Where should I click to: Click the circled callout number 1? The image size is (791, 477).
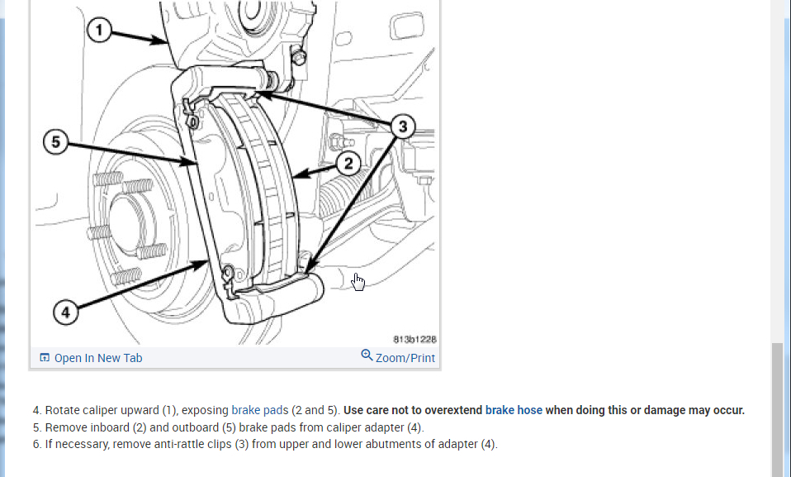point(99,32)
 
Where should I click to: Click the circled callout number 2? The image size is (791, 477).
point(348,164)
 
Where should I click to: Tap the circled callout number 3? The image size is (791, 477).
point(402,126)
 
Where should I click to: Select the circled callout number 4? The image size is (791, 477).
point(66,312)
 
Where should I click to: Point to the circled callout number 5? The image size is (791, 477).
point(55,142)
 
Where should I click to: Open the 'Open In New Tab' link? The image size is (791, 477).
point(98,358)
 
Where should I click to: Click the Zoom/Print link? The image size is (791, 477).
point(405,358)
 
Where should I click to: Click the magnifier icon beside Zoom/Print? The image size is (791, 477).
point(367,356)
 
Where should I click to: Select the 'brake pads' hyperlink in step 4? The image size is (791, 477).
point(259,410)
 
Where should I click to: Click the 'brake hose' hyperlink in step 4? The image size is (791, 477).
point(514,410)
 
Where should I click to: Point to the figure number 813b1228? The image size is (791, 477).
point(415,339)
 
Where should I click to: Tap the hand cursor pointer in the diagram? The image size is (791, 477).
point(358,282)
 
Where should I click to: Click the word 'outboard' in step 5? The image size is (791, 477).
point(194,427)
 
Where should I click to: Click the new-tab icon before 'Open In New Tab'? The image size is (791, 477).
point(45,358)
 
